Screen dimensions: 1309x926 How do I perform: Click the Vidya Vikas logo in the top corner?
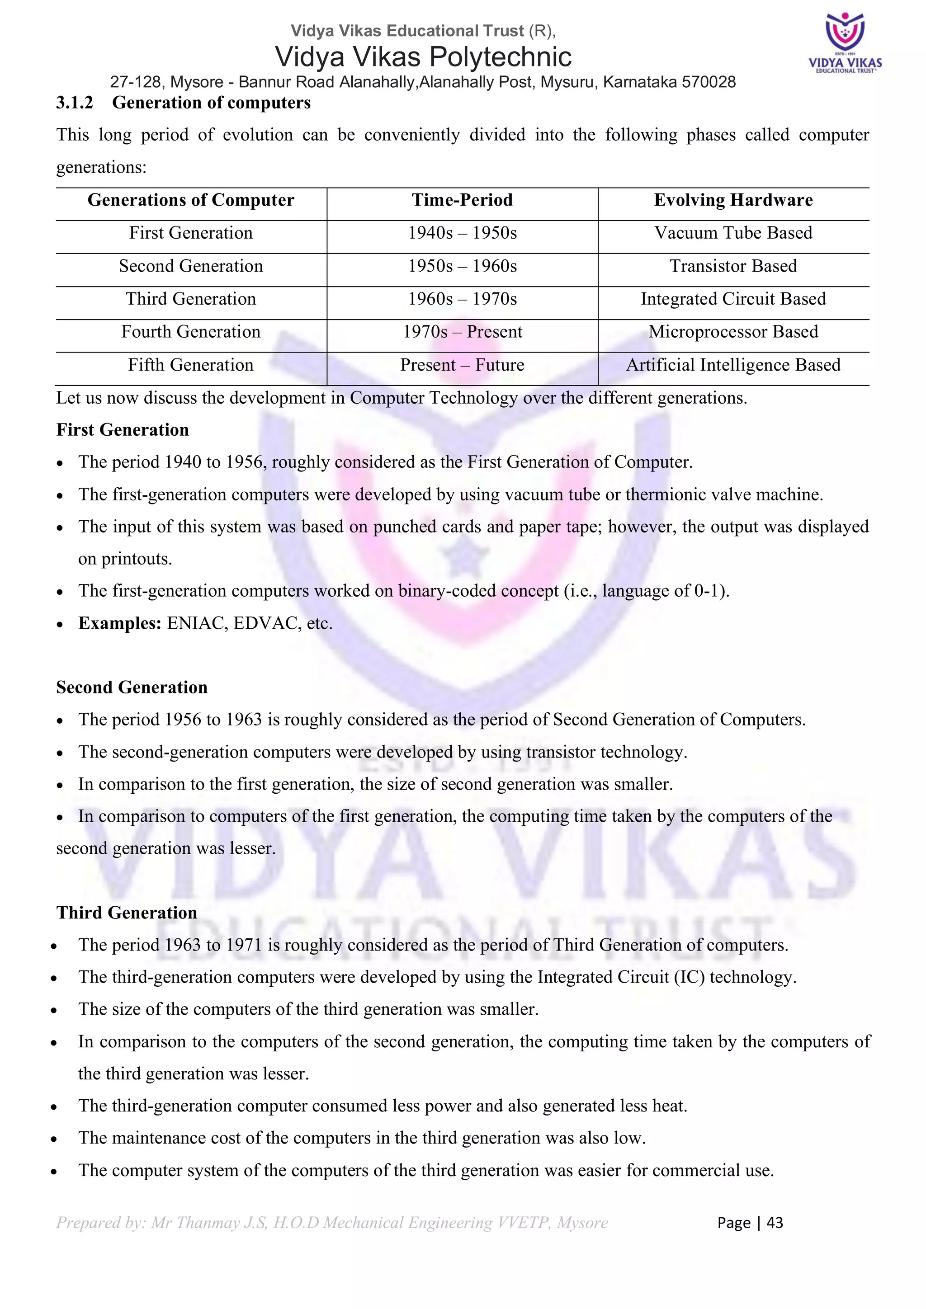(x=845, y=43)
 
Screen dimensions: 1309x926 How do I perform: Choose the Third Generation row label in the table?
(x=191, y=299)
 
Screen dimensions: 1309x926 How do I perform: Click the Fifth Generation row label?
(x=191, y=365)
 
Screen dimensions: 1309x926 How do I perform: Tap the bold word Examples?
(x=120, y=623)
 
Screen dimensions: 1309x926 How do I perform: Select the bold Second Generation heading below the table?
(x=132, y=687)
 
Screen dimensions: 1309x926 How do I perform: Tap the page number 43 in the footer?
(x=775, y=1222)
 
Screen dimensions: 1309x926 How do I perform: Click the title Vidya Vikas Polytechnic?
(x=423, y=57)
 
